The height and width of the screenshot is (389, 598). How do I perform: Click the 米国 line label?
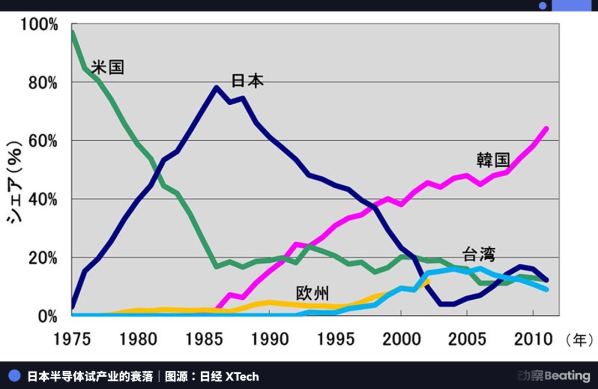(x=107, y=68)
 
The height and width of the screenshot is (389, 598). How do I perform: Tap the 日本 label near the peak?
(x=247, y=81)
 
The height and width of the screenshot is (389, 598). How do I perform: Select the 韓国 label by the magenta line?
(x=493, y=160)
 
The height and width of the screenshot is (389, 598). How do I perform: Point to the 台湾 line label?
(x=479, y=255)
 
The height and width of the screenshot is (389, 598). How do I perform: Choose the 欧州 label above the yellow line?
(x=312, y=293)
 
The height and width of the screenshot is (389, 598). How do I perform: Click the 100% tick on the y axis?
(x=39, y=25)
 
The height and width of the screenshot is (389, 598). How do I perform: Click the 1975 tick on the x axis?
(x=72, y=339)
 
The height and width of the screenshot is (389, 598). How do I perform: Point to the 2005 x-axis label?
(x=467, y=339)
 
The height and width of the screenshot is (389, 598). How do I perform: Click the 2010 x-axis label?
(x=533, y=339)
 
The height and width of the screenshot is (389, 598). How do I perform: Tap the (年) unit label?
(x=578, y=339)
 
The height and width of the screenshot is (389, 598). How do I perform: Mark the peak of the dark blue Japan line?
(x=215, y=88)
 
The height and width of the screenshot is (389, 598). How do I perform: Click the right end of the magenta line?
(x=546, y=129)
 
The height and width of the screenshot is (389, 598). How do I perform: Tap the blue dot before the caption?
(x=15, y=376)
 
